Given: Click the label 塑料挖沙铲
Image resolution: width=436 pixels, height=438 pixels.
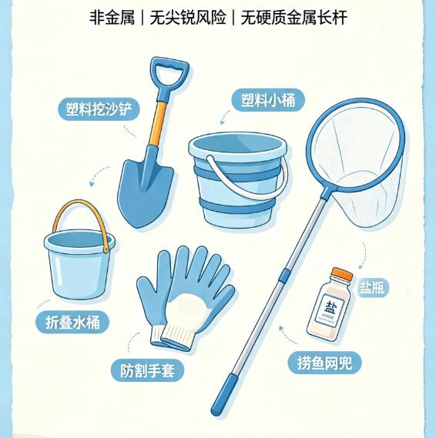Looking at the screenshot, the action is point(99,109).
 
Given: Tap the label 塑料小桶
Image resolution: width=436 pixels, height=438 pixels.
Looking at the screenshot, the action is point(268,100).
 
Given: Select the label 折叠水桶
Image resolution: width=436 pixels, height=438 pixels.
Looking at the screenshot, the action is point(72,323).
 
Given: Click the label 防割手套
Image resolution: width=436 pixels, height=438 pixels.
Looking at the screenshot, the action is point(147,371).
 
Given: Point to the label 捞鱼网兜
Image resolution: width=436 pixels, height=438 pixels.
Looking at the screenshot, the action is point(324,363).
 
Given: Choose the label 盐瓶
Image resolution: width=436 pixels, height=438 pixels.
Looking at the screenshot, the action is point(372,288).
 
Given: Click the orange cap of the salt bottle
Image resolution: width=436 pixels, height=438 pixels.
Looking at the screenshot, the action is point(342,273).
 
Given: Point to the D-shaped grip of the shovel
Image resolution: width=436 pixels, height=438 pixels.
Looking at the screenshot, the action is point(170,73).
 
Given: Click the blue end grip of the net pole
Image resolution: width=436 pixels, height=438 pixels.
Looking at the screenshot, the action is point(223,394).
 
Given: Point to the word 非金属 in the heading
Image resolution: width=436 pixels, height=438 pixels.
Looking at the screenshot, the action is point(112,18).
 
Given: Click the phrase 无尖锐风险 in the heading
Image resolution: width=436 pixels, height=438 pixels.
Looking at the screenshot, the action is point(187,18).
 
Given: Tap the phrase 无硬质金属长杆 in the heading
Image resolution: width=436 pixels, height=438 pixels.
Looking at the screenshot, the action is point(293,18).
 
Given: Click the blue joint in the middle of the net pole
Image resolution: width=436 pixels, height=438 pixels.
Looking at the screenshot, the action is point(284,276).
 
